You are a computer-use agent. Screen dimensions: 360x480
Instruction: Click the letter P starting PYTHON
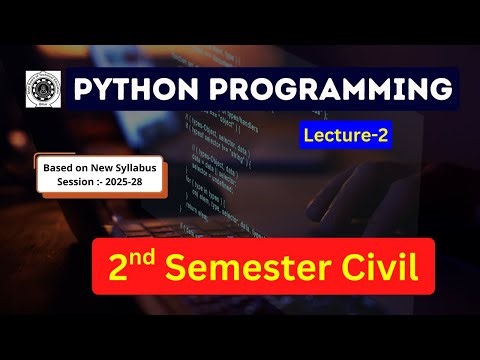[83, 90]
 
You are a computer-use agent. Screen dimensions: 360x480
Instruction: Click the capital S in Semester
[177, 267]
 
